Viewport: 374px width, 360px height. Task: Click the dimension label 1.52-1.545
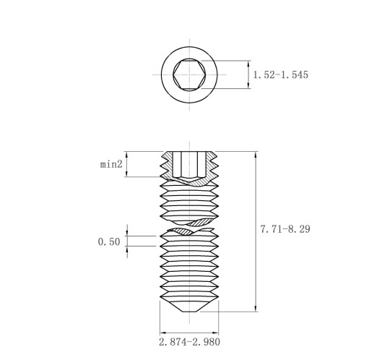(281, 74)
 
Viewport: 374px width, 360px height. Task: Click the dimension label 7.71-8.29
(285, 229)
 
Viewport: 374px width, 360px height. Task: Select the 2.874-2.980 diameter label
(189, 342)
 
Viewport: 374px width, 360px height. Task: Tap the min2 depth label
(111, 164)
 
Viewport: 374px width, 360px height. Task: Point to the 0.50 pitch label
(109, 241)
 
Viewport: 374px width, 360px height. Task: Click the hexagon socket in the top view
(189, 74)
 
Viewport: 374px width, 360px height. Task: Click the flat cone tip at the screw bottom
(189, 312)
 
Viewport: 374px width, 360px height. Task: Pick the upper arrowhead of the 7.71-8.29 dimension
(256, 155)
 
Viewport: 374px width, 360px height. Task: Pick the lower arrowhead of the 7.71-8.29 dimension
(256, 308)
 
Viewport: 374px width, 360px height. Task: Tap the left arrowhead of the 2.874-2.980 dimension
(163, 333)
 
